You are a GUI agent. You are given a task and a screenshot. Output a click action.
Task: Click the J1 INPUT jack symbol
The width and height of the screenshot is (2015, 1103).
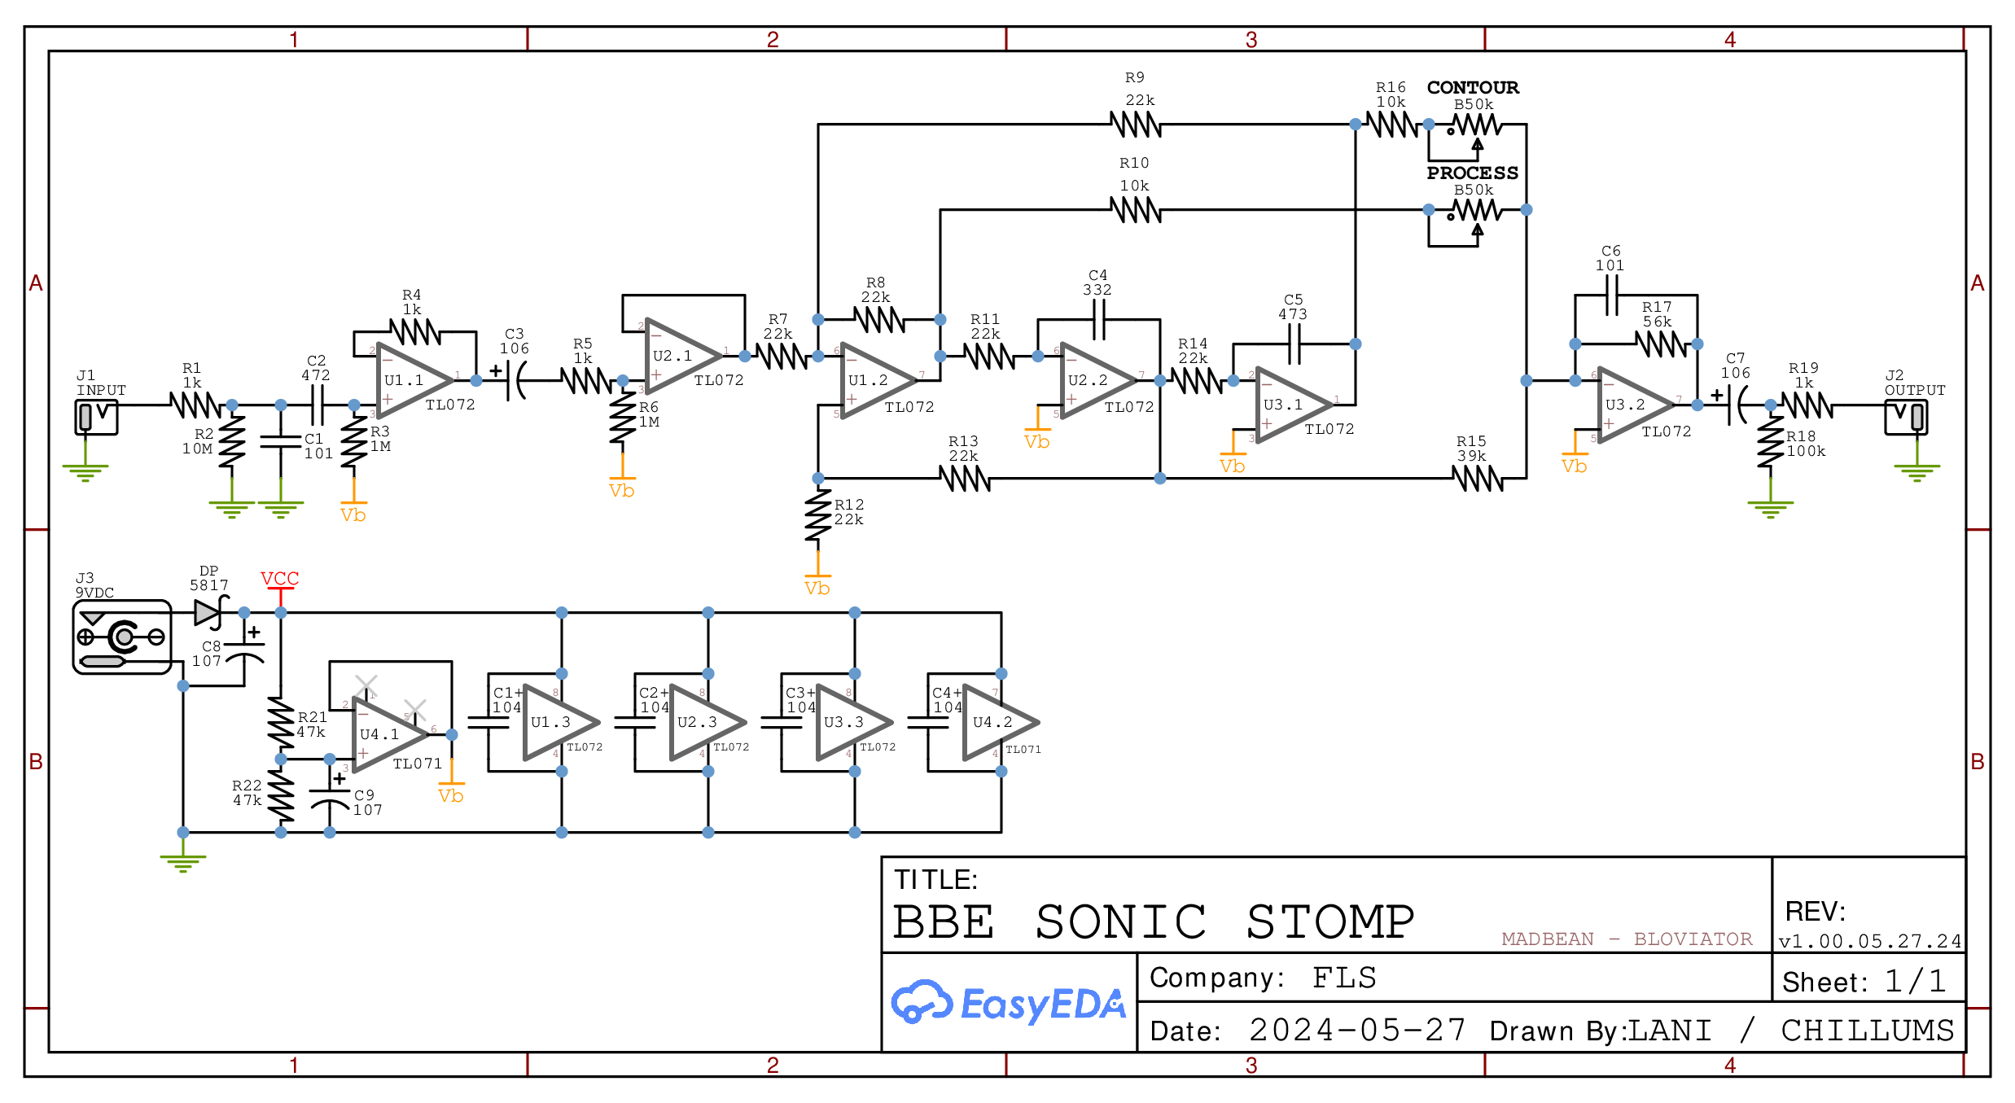[x=96, y=417]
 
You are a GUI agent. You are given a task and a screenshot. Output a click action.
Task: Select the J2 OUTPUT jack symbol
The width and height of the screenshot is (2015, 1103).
[x=1905, y=417]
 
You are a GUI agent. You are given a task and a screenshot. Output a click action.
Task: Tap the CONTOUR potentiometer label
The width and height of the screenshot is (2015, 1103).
[x=1472, y=87]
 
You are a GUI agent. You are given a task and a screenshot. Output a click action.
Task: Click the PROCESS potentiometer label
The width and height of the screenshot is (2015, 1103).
[x=1472, y=173]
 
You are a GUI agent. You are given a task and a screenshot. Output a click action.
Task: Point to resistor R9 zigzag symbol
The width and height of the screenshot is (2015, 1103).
[x=1136, y=125]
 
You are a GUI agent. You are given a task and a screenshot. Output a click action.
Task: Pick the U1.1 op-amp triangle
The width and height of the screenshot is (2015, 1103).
[x=411, y=381]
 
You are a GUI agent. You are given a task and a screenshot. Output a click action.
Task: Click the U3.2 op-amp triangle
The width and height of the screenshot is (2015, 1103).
[x=1632, y=405]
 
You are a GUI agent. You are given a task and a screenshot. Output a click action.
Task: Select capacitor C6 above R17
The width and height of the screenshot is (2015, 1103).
[x=1611, y=295]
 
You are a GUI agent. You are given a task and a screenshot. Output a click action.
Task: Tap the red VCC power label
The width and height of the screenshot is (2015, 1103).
[x=279, y=579]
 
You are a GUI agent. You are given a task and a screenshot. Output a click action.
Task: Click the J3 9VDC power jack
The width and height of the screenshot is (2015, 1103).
[x=122, y=637]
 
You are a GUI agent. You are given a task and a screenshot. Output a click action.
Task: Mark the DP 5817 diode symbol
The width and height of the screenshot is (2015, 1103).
[x=209, y=612]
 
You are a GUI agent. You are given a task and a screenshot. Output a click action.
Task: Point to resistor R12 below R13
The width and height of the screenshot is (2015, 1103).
[x=818, y=514]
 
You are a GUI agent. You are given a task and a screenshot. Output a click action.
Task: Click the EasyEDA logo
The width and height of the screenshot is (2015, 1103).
[x=1008, y=1003]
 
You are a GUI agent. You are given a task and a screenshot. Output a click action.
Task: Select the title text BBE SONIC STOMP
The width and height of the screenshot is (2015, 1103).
[x=1153, y=921]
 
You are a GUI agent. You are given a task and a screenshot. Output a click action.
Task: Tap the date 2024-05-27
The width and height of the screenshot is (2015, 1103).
[x=1357, y=1031]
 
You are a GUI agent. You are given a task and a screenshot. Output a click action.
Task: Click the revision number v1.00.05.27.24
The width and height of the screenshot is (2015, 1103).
[x=1869, y=941]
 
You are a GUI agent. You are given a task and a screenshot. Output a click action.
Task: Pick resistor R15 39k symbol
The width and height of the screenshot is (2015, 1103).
[x=1478, y=479]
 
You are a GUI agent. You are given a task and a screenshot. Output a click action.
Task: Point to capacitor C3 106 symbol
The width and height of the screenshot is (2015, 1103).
[x=515, y=380]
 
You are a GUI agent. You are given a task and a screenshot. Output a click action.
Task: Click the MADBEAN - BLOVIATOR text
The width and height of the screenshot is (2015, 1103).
[x=1626, y=939]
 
